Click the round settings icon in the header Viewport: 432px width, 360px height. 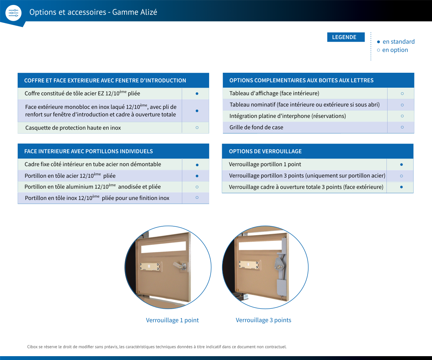coord(13,13)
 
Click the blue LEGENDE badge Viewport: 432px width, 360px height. coord(346,37)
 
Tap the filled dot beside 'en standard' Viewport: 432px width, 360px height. coord(378,42)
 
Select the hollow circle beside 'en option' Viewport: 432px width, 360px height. coord(378,50)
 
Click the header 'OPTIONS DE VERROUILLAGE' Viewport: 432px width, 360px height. coord(265,151)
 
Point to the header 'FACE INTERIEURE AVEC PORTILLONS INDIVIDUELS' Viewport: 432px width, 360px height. coord(88,151)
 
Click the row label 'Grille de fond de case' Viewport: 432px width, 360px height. coord(256,127)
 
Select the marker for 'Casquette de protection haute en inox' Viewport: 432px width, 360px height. coord(197,128)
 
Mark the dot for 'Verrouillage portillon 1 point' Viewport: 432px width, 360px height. coord(401,164)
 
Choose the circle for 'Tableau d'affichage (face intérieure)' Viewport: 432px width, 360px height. coord(402,94)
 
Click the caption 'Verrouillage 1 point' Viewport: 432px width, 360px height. coord(172,320)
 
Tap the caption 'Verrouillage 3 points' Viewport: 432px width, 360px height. coord(263,320)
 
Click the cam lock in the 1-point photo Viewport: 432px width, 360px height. coord(180,266)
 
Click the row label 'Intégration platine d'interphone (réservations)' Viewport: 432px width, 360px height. coord(288,116)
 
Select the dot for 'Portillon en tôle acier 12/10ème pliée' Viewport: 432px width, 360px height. coord(197,176)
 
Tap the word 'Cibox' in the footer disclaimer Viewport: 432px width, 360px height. coord(32,347)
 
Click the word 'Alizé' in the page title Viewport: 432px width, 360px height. coord(149,12)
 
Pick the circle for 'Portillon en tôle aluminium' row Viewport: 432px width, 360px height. coord(197,187)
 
